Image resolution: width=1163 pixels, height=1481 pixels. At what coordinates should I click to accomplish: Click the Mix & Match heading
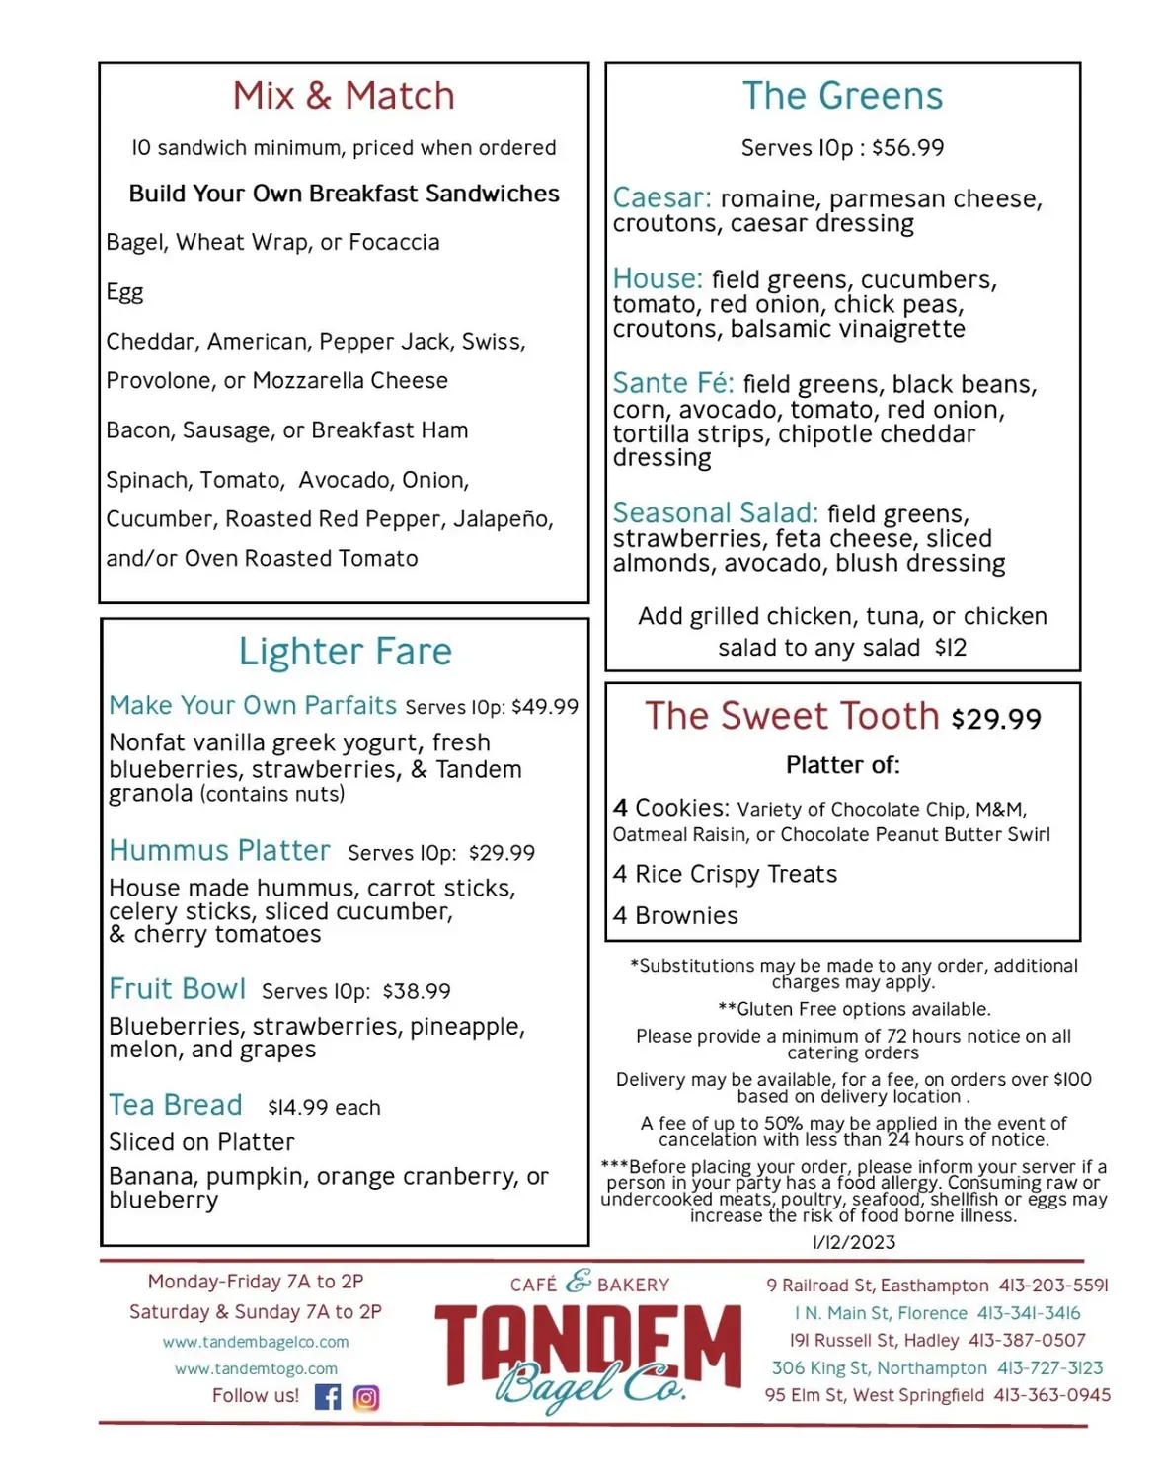(344, 96)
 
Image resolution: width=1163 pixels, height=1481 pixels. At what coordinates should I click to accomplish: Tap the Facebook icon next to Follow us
(328, 1397)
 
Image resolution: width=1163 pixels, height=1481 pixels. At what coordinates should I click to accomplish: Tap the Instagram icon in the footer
(366, 1398)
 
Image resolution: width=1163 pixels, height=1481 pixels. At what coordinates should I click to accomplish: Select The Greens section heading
(842, 96)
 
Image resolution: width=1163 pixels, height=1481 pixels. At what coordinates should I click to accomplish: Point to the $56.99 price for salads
(907, 148)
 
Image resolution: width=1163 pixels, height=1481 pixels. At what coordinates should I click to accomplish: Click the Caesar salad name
(660, 197)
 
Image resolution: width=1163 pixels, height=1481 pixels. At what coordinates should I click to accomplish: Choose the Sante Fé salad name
(672, 383)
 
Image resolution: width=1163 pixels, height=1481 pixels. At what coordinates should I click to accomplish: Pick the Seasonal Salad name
(715, 513)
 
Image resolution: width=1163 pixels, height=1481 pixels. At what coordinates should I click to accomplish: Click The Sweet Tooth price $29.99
(996, 719)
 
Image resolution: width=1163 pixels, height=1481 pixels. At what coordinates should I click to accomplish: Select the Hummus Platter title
(219, 850)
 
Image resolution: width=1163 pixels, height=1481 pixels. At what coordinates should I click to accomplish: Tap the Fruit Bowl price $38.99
(417, 991)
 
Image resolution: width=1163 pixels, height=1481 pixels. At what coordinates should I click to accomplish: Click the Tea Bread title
(175, 1105)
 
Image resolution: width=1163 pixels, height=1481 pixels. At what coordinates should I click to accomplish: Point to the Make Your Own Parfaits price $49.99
(545, 707)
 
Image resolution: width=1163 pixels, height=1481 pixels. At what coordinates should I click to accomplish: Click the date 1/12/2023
(854, 1242)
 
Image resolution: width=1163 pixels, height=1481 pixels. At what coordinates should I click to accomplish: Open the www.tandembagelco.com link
(256, 1342)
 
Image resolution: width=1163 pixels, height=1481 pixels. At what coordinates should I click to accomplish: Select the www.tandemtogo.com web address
(256, 1368)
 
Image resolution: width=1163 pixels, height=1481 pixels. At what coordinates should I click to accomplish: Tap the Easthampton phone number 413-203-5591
(1053, 1286)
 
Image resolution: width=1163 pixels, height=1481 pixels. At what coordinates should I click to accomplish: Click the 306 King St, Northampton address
(879, 1368)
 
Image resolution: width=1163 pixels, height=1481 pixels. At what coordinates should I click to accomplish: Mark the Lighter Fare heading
(345, 652)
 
